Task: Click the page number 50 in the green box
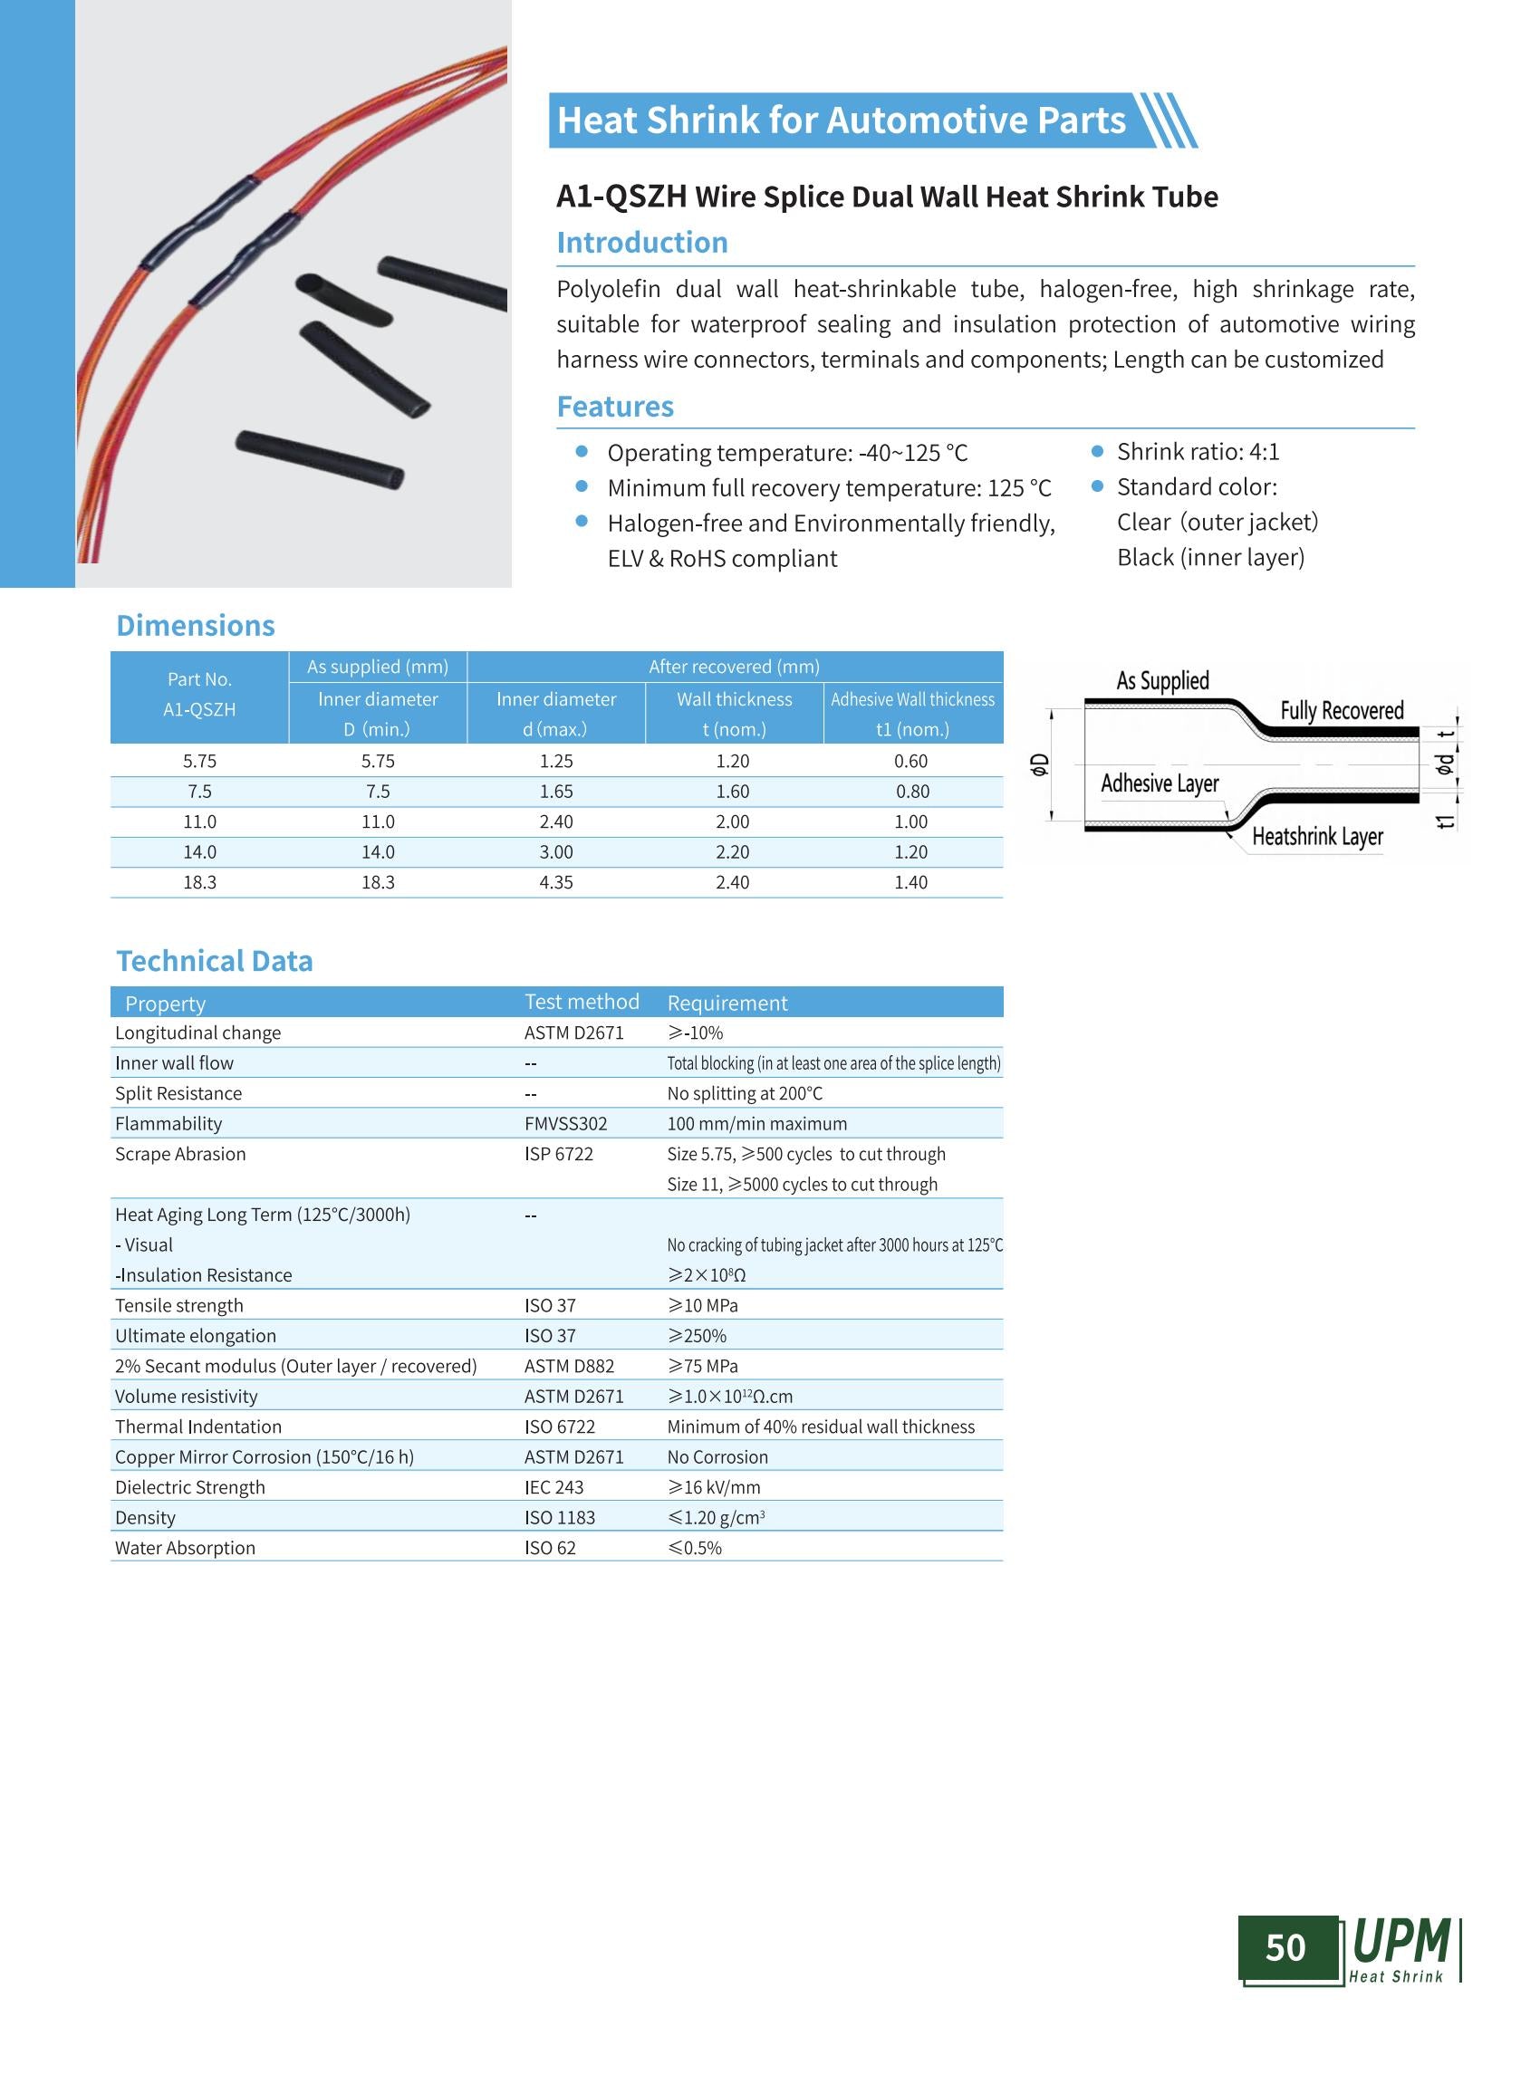(1285, 1947)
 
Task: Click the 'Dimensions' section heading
(195, 626)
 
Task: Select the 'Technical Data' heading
(214, 961)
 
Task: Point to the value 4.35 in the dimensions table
(555, 882)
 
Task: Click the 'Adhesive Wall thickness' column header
(912, 699)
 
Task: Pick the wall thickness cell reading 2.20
(733, 852)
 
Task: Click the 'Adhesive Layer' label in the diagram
(1159, 783)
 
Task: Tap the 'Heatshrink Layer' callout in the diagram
(1316, 836)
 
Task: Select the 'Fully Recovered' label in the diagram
(1342, 710)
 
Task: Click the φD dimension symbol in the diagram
(1039, 764)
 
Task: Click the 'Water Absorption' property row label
(185, 1547)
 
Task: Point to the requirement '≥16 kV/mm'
(713, 1487)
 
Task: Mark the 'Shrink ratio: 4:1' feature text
(1198, 452)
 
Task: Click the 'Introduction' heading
(641, 243)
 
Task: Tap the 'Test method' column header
(582, 1002)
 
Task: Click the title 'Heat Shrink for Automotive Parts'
(841, 120)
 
